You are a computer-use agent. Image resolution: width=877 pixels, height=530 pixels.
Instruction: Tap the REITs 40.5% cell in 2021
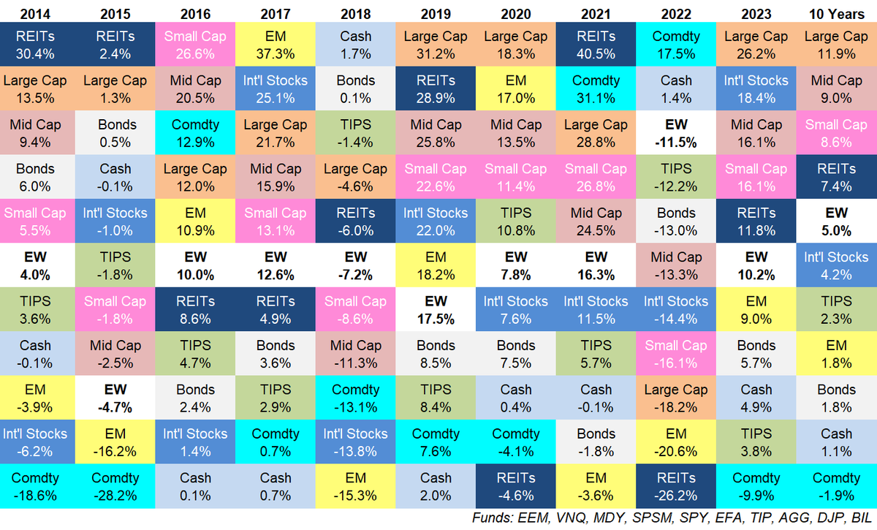(x=596, y=45)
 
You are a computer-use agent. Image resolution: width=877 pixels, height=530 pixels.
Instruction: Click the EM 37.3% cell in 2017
(x=276, y=45)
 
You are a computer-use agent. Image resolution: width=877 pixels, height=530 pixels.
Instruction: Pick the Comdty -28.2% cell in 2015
(x=115, y=486)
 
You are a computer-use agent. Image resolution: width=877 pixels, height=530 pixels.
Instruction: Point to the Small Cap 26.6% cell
(x=195, y=45)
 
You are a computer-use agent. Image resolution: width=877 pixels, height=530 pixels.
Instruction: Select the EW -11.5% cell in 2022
(x=676, y=133)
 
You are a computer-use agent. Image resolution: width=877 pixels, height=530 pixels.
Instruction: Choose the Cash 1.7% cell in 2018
(x=355, y=45)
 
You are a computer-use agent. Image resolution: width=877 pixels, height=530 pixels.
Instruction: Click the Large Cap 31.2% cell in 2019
(x=436, y=45)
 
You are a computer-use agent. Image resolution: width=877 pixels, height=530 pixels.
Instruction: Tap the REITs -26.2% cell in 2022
(x=676, y=486)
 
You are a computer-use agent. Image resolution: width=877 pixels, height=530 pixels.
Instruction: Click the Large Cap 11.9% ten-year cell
(x=836, y=45)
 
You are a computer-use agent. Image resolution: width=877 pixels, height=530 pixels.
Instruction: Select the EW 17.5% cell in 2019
(x=436, y=309)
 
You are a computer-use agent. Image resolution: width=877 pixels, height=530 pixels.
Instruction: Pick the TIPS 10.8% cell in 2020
(x=516, y=221)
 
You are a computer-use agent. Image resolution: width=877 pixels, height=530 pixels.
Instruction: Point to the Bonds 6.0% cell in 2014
(x=35, y=177)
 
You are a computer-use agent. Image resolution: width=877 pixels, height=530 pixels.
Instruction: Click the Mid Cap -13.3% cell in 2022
(x=676, y=265)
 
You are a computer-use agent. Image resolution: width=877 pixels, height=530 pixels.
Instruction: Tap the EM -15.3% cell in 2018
(x=355, y=486)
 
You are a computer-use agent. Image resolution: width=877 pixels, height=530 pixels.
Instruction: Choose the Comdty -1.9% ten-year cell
(x=836, y=486)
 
